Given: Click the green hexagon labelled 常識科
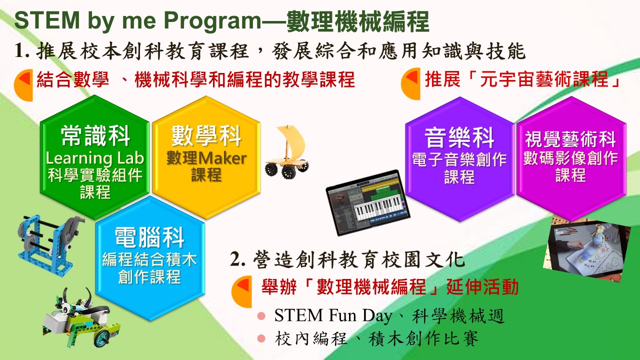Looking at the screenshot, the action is pyautogui.click(x=94, y=157).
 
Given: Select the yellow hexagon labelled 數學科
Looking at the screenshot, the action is pyautogui.click(x=206, y=157).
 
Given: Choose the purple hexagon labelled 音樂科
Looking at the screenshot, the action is pyautogui.click(x=459, y=159).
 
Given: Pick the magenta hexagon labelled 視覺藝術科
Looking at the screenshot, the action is pyautogui.click(x=571, y=159).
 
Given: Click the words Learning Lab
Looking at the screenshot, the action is pyautogui.click(x=94, y=158).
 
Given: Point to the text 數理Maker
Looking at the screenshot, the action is pyautogui.click(x=206, y=158).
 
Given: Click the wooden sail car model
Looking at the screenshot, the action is pyautogui.click(x=287, y=151).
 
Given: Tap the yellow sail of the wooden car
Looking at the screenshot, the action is pyautogui.click(x=291, y=141).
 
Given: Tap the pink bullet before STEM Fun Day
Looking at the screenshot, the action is pyautogui.click(x=261, y=315).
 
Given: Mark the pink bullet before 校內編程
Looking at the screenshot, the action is pyautogui.click(x=261, y=338).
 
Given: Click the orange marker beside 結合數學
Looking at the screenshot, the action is pyautogui.click(x=23, y=85).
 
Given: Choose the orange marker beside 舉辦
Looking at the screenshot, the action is pyautogui.click(x=241, y=291).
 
